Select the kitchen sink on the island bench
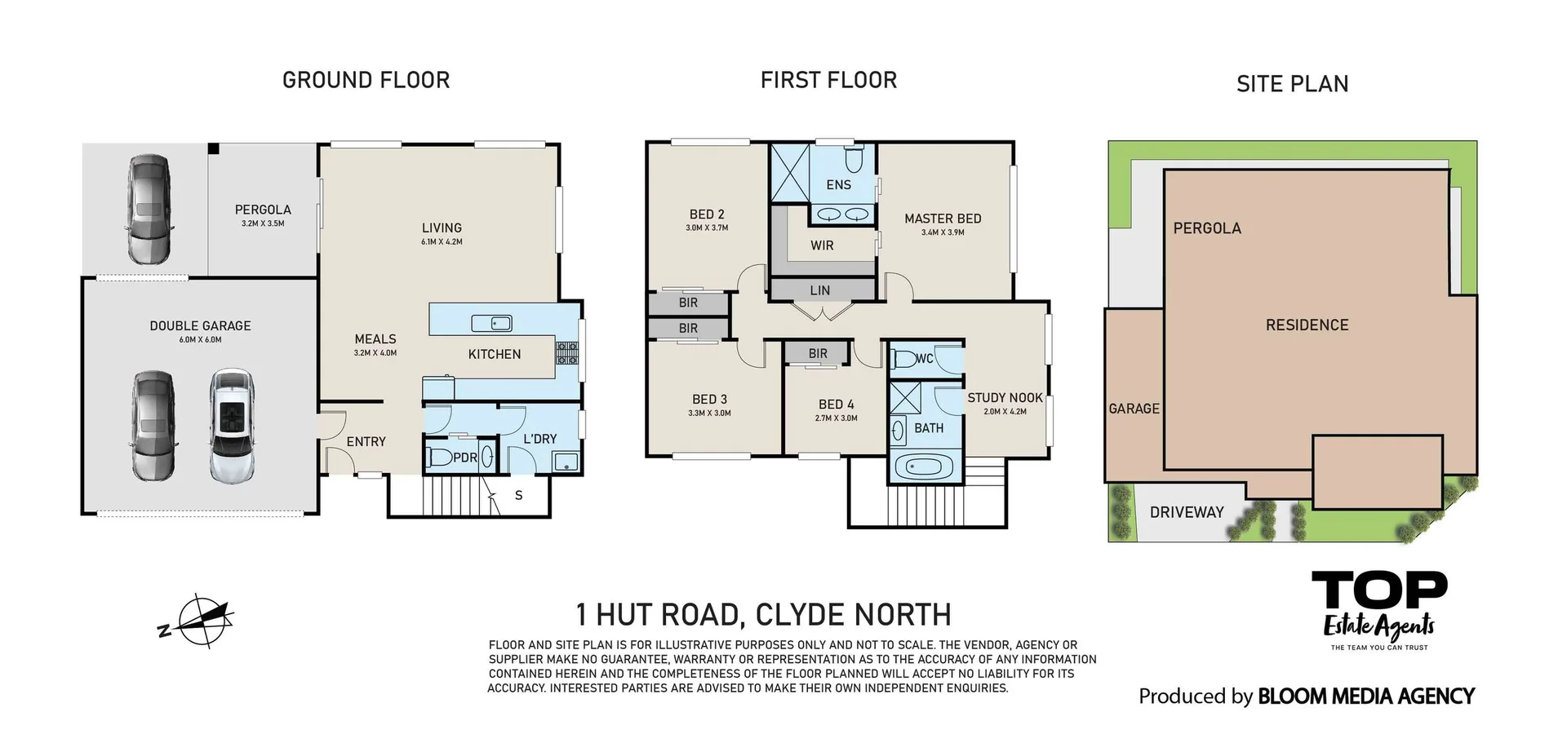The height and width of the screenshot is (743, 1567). tap(491, 324)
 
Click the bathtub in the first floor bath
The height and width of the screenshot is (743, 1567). tap(925, 468)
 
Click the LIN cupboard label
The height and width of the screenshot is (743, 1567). tap(820, 290)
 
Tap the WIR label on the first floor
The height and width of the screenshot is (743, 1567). tap(822, 245)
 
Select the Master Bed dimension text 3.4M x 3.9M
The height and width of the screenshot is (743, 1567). tap(943, 232)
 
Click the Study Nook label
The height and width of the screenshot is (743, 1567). tap(1005, 398)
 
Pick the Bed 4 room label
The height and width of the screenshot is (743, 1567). tap(837, 405)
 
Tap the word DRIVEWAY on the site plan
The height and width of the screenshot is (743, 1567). tap(1187, 512)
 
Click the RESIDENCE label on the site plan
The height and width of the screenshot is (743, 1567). tap(1307, 325)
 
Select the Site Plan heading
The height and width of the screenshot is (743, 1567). tap(1292, 84)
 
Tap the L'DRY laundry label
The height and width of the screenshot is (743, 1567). tap(539, 439)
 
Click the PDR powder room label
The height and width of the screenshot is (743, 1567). tap(464, 458)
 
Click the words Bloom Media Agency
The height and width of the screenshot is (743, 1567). tap(1366, 697)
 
